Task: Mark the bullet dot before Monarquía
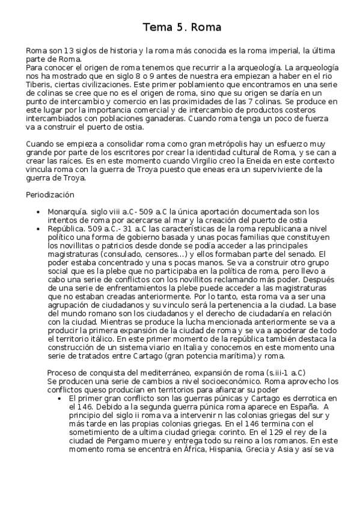(x=38, y=212)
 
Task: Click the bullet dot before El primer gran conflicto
(x=61, y=398)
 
